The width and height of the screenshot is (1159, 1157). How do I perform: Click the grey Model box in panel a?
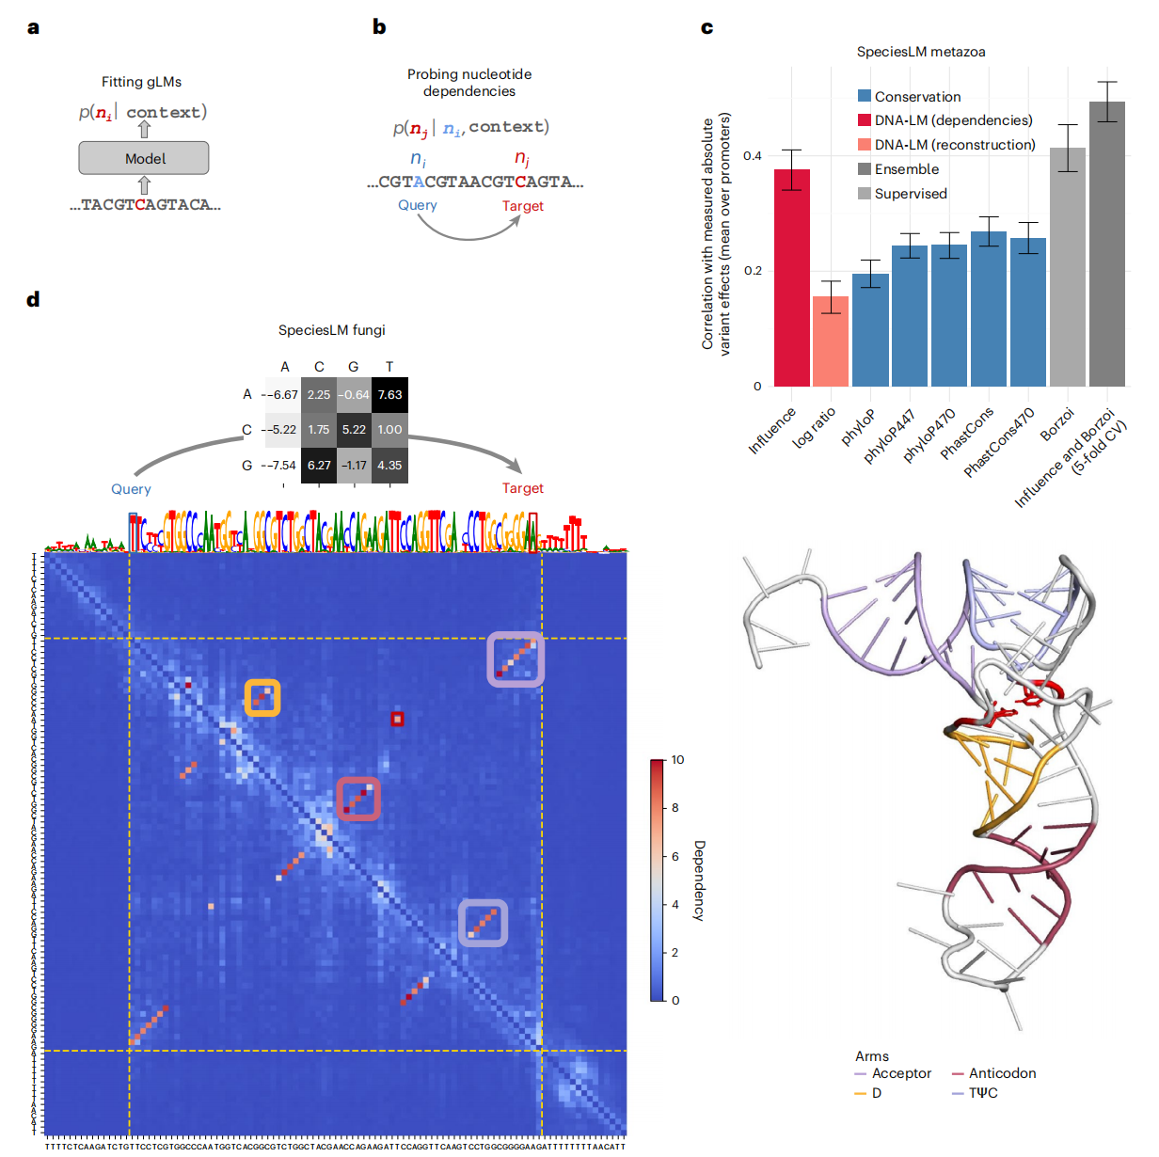144,158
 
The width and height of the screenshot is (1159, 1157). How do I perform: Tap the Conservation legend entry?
909,97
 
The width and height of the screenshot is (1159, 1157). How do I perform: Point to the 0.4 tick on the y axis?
753,155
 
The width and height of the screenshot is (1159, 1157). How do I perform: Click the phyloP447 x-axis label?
890,436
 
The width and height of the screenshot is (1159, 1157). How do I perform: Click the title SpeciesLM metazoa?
921,52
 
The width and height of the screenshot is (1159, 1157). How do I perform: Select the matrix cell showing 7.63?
389,395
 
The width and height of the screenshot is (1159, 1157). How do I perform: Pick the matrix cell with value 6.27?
319,465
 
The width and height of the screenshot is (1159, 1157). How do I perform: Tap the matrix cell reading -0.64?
354,395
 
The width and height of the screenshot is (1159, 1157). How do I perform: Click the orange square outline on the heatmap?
262,698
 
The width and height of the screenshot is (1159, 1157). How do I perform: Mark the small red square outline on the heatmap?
397,719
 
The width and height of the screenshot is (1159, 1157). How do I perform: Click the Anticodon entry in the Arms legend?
1001,1073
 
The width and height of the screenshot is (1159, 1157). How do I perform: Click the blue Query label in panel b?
417,205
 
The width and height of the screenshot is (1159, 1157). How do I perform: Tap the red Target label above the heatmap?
522,488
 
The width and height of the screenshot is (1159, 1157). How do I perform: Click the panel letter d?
34,300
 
